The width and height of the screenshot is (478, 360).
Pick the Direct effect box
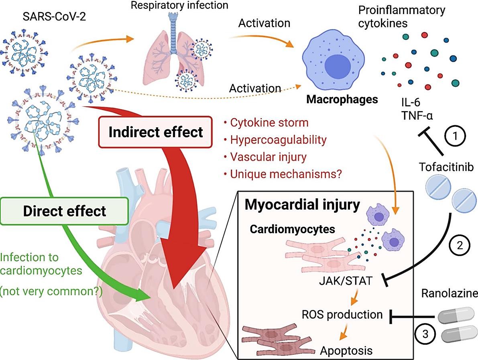coord(65,211)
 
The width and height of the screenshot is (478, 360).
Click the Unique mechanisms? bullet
coord(283,174)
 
